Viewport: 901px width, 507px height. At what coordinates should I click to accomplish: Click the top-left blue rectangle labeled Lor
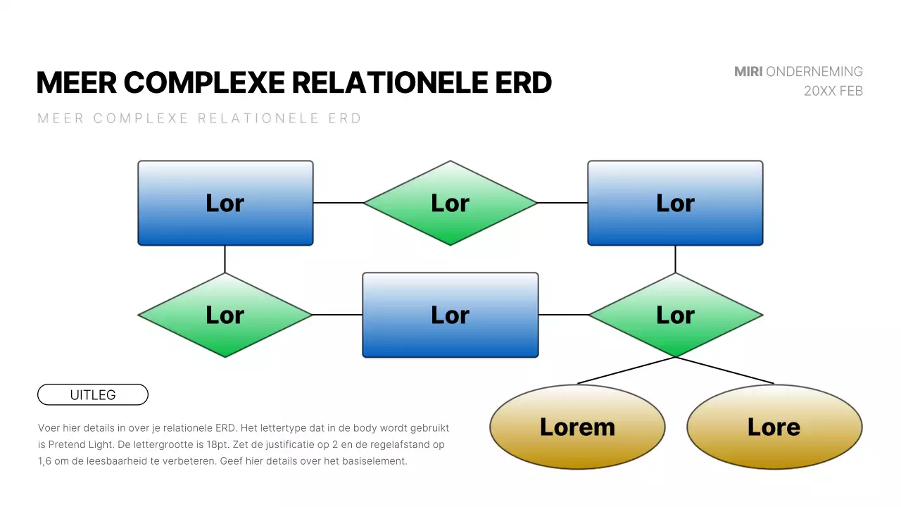225,203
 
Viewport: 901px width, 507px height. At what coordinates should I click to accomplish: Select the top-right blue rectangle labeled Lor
675,203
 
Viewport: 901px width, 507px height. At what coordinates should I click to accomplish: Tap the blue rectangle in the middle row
450,315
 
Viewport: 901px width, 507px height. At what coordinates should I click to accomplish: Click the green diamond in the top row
450,203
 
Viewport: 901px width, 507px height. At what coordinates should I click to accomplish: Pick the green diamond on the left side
225,315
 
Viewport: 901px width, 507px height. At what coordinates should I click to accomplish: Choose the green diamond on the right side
675,315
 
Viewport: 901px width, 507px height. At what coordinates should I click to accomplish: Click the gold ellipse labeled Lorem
577,427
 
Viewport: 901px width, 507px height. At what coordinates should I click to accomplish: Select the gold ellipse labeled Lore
774,427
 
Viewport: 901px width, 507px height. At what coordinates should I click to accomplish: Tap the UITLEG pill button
93,395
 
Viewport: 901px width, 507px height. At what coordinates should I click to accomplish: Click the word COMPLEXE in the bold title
204,83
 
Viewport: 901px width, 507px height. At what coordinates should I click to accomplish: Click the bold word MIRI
748,72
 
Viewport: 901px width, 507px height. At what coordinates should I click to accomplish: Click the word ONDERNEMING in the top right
814,72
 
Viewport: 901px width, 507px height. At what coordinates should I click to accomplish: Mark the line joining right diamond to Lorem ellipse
626,370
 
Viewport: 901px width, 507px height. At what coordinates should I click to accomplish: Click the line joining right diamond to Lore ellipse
725,370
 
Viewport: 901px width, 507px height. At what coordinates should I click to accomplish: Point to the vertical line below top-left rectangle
225,259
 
